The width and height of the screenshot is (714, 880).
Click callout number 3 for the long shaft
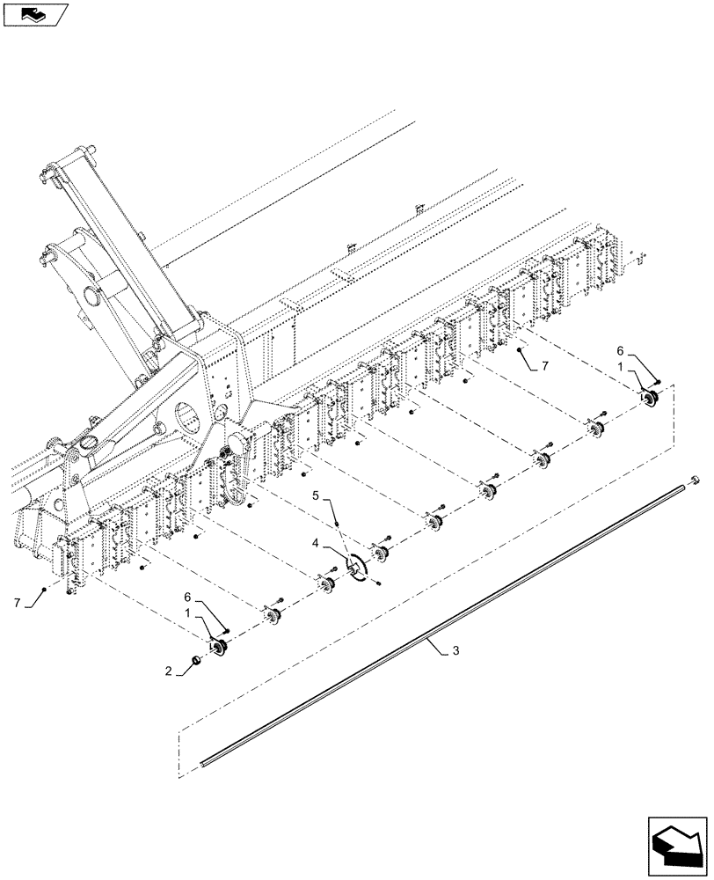pos(455,651)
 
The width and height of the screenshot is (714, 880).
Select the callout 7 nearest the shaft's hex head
pos(546,363)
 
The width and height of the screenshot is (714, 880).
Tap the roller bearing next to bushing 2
pos(219,649)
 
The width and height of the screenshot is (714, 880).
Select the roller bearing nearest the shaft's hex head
pos(652,400)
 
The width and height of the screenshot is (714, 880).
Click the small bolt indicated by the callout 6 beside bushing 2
pos(227,630)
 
